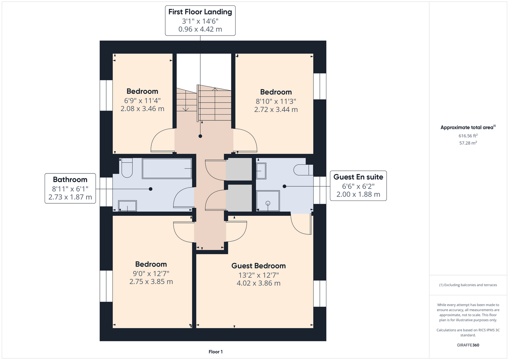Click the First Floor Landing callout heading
point(200,12)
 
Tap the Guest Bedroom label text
point(258,266)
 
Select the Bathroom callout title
point(70,179)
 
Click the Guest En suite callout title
point(358,177)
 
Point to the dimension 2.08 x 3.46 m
point(142,109)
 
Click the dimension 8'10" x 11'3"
point(276,101)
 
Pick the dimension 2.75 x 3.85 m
point(151,282)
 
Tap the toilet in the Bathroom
point(127,168)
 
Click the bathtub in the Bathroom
point(167,168)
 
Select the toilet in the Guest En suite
point(303,170)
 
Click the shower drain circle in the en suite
point(268,203)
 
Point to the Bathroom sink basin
point(127,206)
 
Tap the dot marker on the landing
point(200,136)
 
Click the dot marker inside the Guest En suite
point(284,186)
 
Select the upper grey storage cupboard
point(239,169)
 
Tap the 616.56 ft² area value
point(468,136)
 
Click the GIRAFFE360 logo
point(468,345)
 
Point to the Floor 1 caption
point(216,352)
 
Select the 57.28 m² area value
point(468,143)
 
